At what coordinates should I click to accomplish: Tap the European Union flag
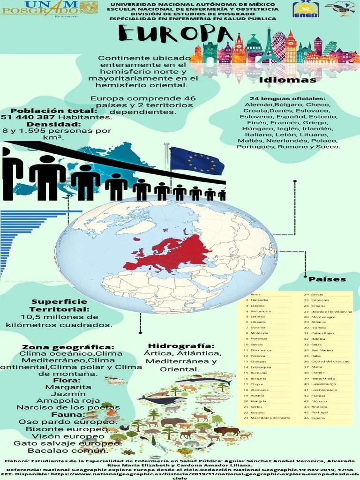tap(196, 161)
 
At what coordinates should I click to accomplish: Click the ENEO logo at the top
tap(306, 9)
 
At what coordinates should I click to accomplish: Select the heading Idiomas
tap(288, 80)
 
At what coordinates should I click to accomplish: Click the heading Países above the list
tap(327, 279)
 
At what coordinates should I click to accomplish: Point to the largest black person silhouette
tap(47, 177)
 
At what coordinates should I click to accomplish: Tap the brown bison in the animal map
tap(226, 431)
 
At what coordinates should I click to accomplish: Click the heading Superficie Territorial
tap(59, 306)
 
